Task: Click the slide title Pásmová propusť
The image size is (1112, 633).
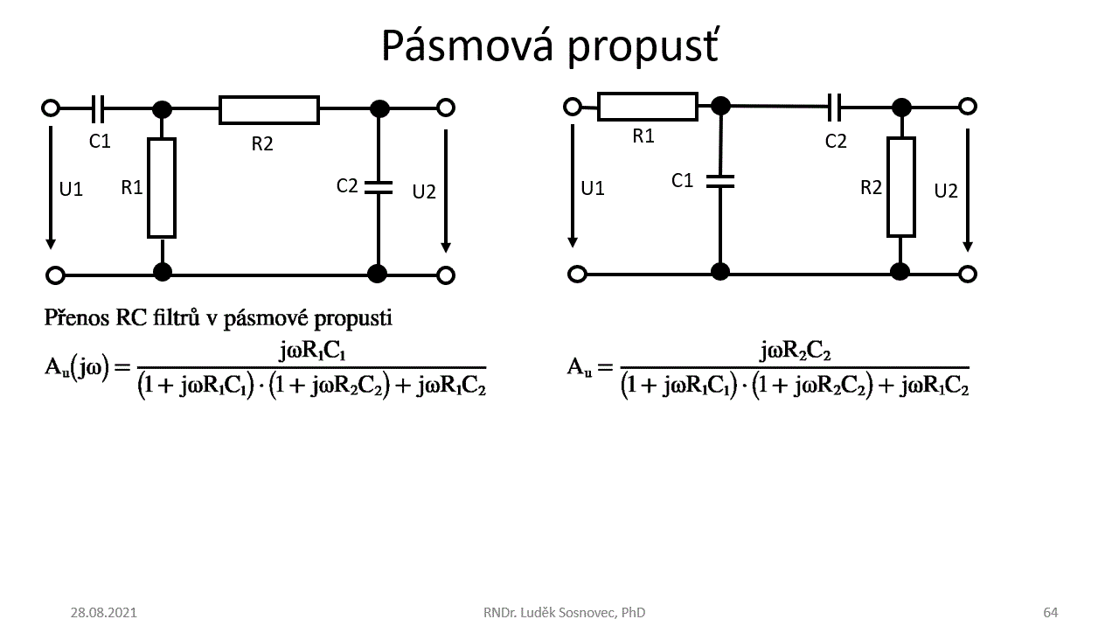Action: tap(550, 45)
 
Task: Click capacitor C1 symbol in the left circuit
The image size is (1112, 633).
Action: tap(98, 108)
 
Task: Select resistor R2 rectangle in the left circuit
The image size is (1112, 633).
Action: tap(268, 109)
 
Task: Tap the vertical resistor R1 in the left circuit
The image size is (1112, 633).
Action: tap(162, 187)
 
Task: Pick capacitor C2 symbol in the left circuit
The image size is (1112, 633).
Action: tap(379, 187)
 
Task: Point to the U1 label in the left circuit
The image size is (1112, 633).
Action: tap(71, 189)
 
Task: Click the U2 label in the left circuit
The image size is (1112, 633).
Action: tap(424, 191)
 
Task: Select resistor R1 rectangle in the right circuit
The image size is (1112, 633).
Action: tap(647, 107)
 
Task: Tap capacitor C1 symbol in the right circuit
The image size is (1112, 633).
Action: tap(720, 181)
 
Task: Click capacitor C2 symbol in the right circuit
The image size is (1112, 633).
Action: tap(836, 107)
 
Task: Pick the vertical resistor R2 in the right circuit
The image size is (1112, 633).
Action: tap(900, 187)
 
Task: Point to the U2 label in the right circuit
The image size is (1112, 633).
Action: tap(946, 191)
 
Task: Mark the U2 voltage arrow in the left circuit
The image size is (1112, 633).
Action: tap(446, 190)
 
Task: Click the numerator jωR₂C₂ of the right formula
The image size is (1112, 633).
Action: tap(795, 351)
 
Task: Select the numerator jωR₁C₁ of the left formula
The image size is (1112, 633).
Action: tap(312, 351)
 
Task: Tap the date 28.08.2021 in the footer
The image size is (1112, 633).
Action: tap(103, 612)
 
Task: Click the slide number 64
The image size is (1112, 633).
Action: tap(1050, 612)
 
